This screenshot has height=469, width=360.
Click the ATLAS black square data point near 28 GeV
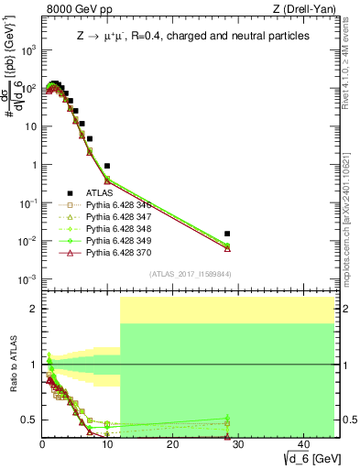(227, 234)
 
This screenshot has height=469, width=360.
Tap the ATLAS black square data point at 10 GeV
(107, 166)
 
